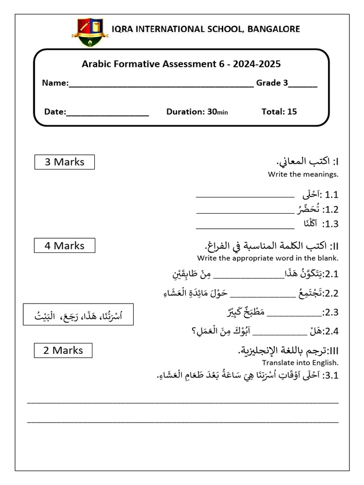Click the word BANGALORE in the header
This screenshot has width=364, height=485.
(273, 29)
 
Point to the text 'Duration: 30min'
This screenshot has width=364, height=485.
(197, 112)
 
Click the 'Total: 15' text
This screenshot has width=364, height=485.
(279, 112)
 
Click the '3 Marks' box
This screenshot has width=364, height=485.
(64, 162)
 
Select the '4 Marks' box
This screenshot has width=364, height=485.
(64, 246)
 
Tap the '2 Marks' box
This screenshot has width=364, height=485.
(63, 350)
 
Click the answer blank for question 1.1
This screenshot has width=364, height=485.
(245, 195)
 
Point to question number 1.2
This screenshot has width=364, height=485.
(330, 209)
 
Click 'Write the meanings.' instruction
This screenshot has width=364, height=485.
(303, 174)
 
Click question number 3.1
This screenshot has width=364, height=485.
(330, 376)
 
